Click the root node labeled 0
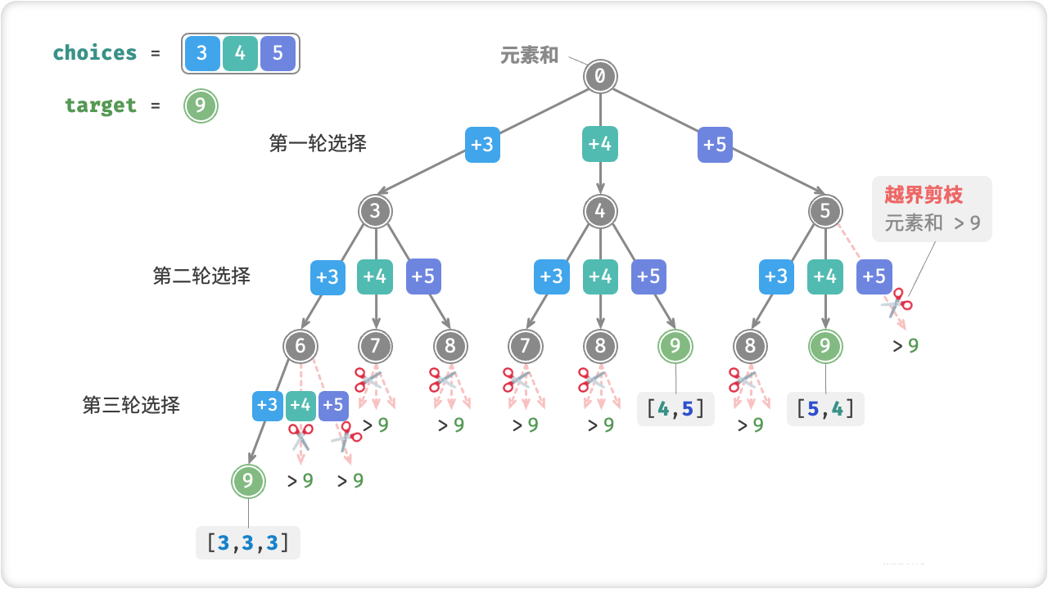point(600,77)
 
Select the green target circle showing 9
point(201,106)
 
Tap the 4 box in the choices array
point(240,54)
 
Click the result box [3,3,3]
point(248,542)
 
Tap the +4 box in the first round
point(600,145)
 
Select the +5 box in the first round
point(716,145)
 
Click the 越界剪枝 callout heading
point(924,195)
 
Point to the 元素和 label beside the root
point(530,55)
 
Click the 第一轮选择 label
point(318,143)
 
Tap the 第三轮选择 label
point(131,405)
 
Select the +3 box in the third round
point(267,405)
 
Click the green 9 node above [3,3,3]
point(248,481)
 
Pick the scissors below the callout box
point(896,303)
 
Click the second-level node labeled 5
point(824,212)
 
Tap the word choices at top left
point(95,53)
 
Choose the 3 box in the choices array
point(202,54)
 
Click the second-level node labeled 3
point(375,212)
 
